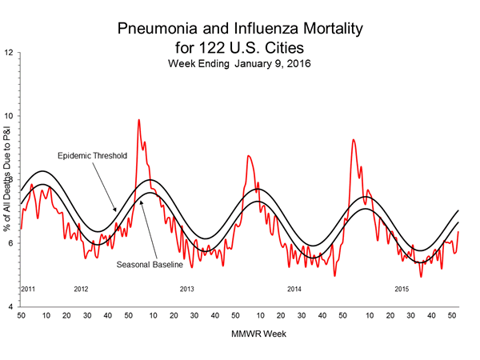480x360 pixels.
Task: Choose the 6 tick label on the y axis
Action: click(10, 243)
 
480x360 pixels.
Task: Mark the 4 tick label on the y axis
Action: click(10, 306)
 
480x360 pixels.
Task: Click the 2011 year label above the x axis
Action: click(28, 288)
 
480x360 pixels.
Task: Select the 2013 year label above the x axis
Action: click(186, 288)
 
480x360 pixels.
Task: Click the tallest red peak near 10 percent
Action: click(139, 121)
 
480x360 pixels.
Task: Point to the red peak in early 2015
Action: click(353, 141)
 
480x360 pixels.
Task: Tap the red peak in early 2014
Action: click(248, 157)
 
